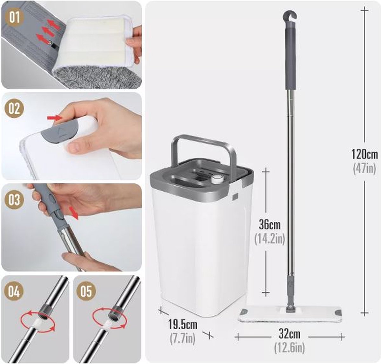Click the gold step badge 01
coord(14,17)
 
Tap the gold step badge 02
coord(14,109)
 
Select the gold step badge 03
coord(14,200)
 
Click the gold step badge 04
coord(14,291)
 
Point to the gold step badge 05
coord(86,291)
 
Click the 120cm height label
coord(364,155)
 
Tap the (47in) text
coord(364,168)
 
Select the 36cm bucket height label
coord(270,225)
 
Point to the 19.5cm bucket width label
coord(183,325)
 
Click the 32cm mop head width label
coord(289,334)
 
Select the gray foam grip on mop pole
coord(291,59)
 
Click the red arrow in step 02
coord(55,118)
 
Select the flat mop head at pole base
coord(289,314)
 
